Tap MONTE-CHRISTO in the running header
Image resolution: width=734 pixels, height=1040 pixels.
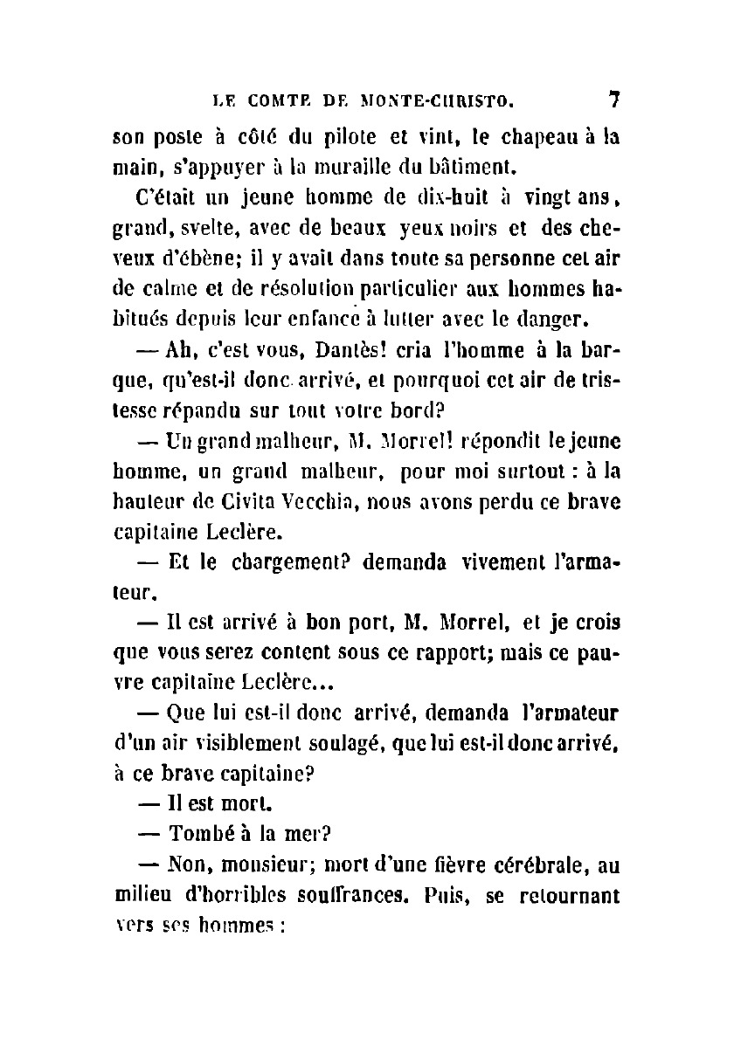click(x=433, y=100)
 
